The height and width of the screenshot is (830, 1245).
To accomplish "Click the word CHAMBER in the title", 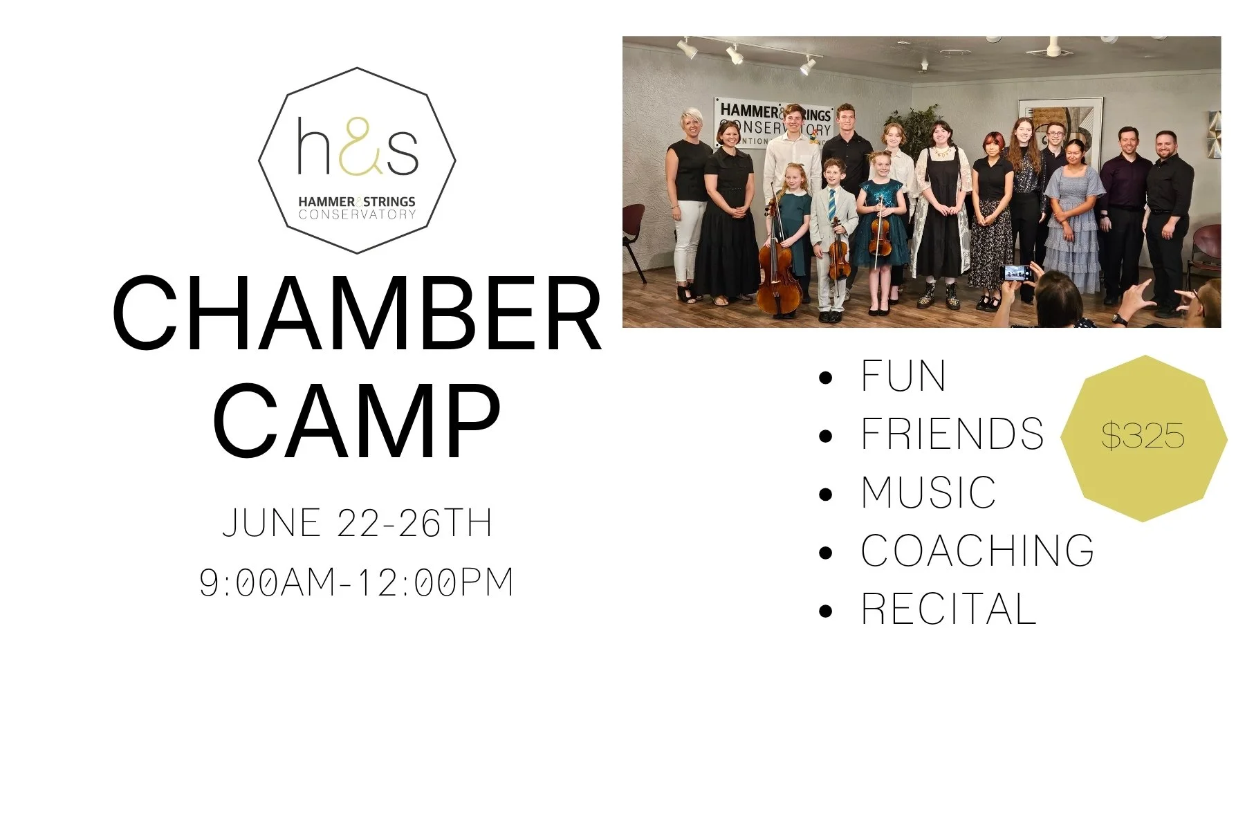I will click(x=357, y=315).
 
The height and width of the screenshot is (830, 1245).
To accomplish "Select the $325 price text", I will click(x=1143, y=436).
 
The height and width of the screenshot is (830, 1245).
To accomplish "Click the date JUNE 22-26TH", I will click(x=357, y=523).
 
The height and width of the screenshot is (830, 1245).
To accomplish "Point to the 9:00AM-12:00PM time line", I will click(x=357, y=582).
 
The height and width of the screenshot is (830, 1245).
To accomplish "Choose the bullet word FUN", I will click(x=903, y=377).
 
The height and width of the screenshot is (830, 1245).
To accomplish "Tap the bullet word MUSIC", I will click(x=928, y=492).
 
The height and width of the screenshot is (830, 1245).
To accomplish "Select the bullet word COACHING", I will click(x=977, y=551).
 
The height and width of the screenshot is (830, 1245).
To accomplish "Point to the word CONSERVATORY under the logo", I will click(x=357, y=214).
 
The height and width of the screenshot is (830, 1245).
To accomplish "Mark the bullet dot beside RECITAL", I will click(x=825, y=611).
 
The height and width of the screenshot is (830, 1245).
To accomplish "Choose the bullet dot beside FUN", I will click(x=825, y=378).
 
